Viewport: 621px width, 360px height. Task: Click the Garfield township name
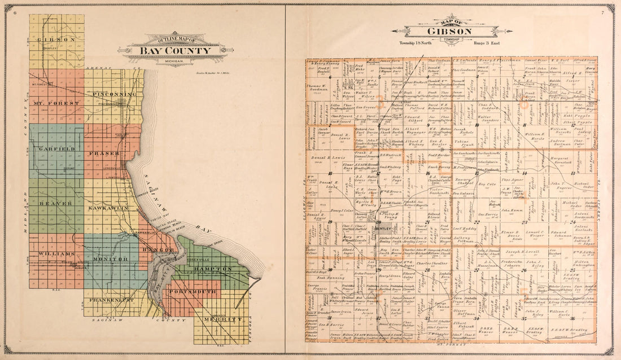[x=54, y=148]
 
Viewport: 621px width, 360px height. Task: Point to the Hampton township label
[x=213, y=269]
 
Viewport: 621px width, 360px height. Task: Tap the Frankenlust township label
[x=112, y=300]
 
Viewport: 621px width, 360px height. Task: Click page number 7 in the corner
[x=603, y=12]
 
